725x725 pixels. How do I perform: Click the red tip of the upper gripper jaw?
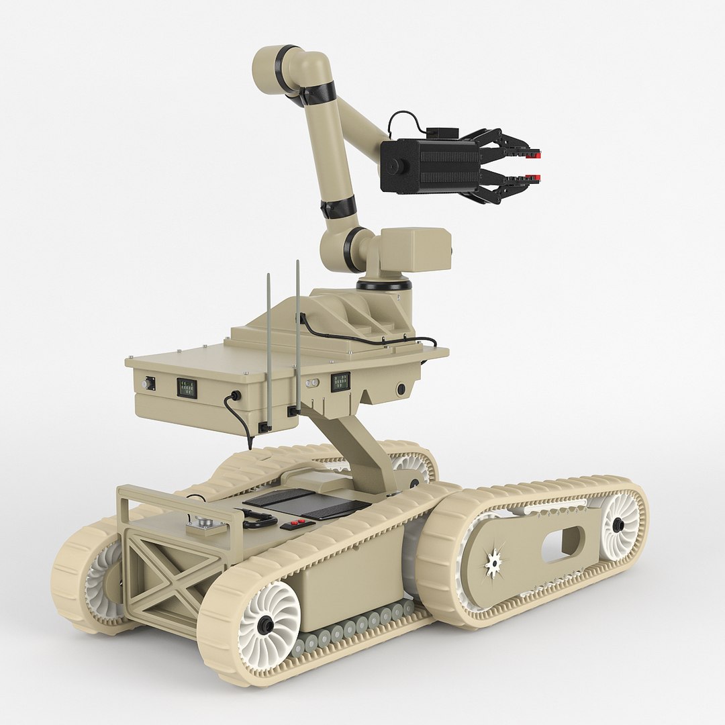click(534, 156)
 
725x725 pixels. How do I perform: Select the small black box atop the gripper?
click(442, 134)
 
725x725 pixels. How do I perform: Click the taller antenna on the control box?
click(297, 336)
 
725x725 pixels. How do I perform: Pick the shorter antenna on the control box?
click(269, 349)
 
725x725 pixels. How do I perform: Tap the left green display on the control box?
click(187, 388)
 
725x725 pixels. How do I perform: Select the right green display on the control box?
click(340, 382)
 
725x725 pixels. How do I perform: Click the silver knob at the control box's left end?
click(146, 383)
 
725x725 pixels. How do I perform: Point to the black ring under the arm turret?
click(383, 285)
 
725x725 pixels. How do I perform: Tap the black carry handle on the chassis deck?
click(260, 519)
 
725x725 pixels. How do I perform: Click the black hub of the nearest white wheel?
click(266, 626)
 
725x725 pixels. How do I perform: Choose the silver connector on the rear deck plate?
click(201, 521)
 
